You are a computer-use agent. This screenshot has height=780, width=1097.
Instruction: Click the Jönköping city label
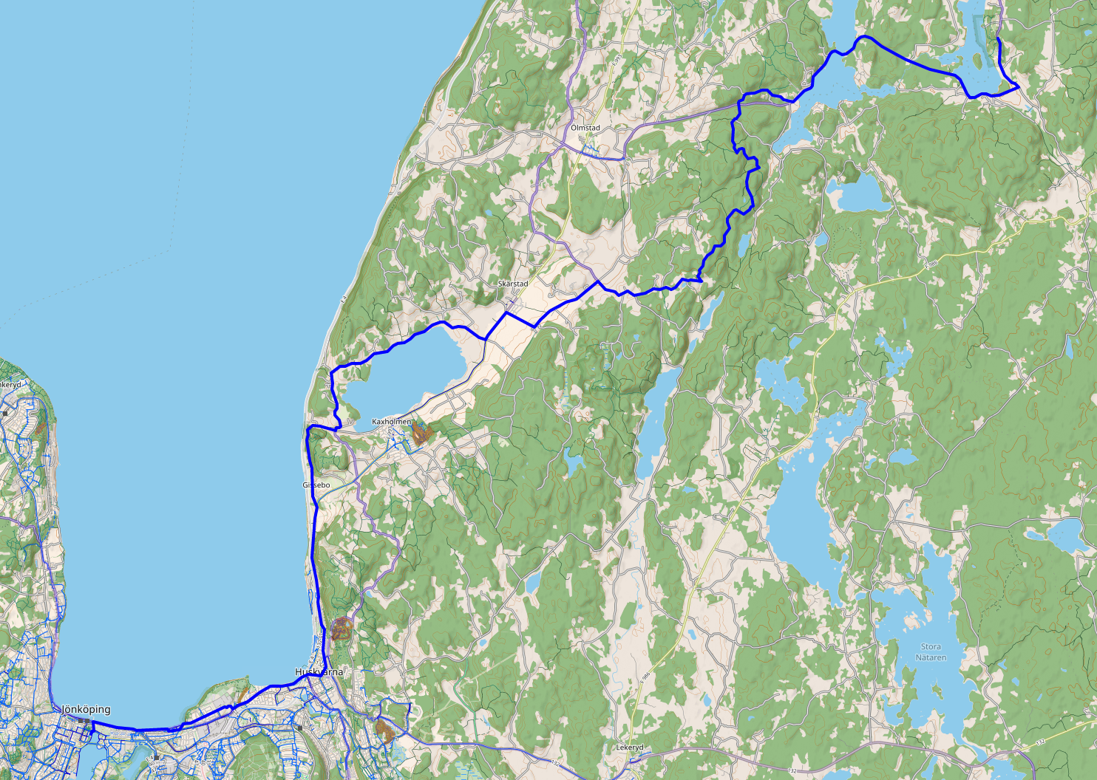click(x=86, y=709)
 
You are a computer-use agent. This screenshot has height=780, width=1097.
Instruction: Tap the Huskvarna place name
click(x=319, y=672)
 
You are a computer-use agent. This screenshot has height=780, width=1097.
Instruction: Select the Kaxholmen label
click(x=391, y=422)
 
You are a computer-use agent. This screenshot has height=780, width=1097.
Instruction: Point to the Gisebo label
click(x=316, y=485)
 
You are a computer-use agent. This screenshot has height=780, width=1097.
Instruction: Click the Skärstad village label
click(x=513, y=284)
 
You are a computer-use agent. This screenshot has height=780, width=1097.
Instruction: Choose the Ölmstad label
click(x=585, y=128)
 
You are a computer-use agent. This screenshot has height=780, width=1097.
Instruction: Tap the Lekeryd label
click(x=630, y=747)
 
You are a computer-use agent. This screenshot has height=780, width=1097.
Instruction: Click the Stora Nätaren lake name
click(x=931, y=651)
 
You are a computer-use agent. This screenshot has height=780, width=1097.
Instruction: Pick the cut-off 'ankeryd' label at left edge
click(x=10, y=385)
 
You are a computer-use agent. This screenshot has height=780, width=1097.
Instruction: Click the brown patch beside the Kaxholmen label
click(x=421, y=434)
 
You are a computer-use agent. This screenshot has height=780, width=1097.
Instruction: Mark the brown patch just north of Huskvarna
click(x=340, y=629)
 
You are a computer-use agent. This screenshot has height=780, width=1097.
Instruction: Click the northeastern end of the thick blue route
click(x=998, y=37)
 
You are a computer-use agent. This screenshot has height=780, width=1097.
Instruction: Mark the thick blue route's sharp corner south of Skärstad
click(x=533, y=326)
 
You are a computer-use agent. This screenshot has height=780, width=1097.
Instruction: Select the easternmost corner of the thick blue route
click(x=1019, y=86)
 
